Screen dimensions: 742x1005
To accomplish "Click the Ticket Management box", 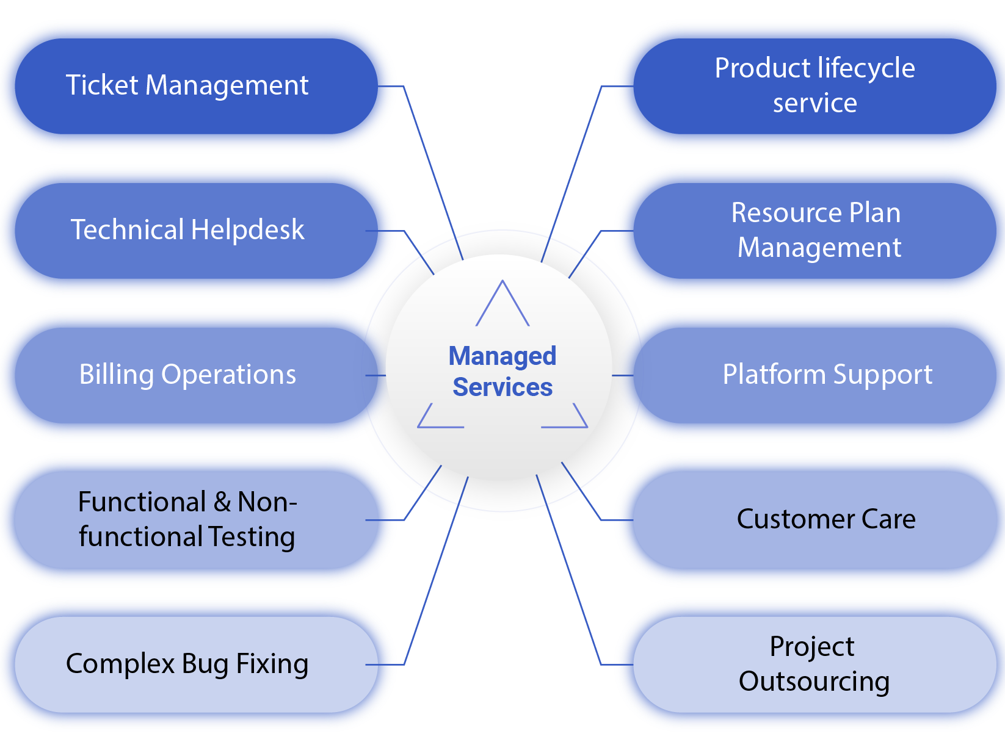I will click(x=187, y=85).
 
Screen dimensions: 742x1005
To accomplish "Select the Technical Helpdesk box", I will click(x=187, y=230).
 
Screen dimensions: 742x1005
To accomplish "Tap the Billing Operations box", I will click(x=187, y=375).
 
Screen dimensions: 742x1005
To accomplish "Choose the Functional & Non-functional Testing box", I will click(x=187, y=519).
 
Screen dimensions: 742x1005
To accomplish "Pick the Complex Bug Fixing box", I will click(x=187, y=664).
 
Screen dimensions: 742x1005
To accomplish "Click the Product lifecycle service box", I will click(x=815, y=85).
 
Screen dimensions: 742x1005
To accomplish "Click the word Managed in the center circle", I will click(x=502, y=356).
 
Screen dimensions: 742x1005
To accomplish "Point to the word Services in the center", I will click(x=502, y=387).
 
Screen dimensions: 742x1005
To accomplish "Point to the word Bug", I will click(x=205, y=665).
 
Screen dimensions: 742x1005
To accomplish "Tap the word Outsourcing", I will click(x=814, y=682).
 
